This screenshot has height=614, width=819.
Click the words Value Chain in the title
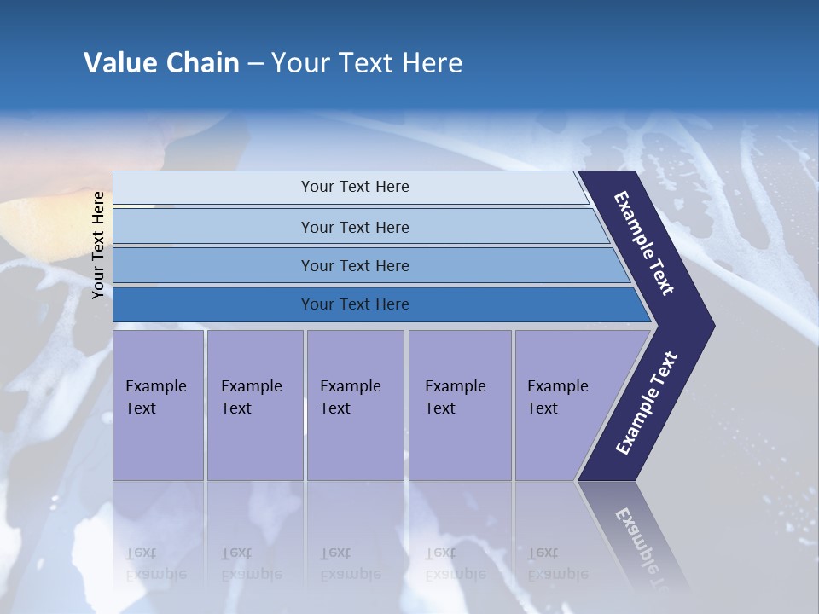tap(161, 63)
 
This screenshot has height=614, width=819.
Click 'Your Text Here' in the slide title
tap(367, 63)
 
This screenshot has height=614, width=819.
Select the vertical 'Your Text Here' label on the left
tap(98, 245)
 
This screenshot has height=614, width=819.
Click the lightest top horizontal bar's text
tap(355, 187)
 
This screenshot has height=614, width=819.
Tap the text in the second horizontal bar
tap(355, 228)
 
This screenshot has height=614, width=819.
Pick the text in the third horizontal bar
tap(355, 266)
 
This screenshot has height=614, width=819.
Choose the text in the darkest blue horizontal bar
tap(355, 304)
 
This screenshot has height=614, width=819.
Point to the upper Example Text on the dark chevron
tap(645, 243)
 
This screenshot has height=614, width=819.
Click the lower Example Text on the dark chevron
tap(647, 403)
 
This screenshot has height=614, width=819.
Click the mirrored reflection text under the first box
tap(155, 564)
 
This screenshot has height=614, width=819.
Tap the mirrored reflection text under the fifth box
tap(558, 564)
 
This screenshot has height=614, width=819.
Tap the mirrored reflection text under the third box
tap(350, 564)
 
